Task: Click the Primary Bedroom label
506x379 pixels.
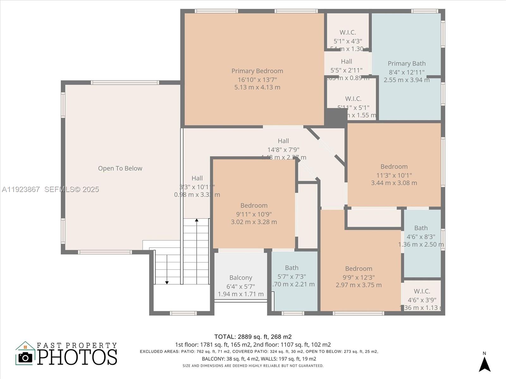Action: point(257,71)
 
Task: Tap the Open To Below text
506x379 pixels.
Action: point(120,168)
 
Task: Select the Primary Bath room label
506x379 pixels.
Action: point(406,63)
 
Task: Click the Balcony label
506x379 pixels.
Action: point(241,278)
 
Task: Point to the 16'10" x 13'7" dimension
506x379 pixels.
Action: point(257,80)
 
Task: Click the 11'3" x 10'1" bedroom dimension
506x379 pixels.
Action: point(394,175)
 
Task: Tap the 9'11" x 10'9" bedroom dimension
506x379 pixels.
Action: point(254,214)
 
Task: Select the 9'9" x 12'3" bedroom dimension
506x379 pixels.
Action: point(359,277)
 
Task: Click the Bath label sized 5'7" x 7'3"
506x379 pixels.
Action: point(292,268)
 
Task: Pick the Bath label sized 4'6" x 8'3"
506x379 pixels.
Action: point(421,228)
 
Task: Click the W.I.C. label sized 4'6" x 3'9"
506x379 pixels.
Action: point(422,291)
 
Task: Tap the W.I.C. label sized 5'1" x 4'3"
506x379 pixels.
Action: point(348,32)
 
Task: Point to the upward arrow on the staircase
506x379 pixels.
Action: point(196,220)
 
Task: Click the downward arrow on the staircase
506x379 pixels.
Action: point(167,282)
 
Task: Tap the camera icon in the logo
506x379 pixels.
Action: point(25,357)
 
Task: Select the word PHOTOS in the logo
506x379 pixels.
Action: point(77,357)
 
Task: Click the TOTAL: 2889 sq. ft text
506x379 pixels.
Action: point(253,337)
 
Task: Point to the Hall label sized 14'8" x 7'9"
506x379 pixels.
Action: point(283,141)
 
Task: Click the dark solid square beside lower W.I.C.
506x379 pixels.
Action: point(335,117)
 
